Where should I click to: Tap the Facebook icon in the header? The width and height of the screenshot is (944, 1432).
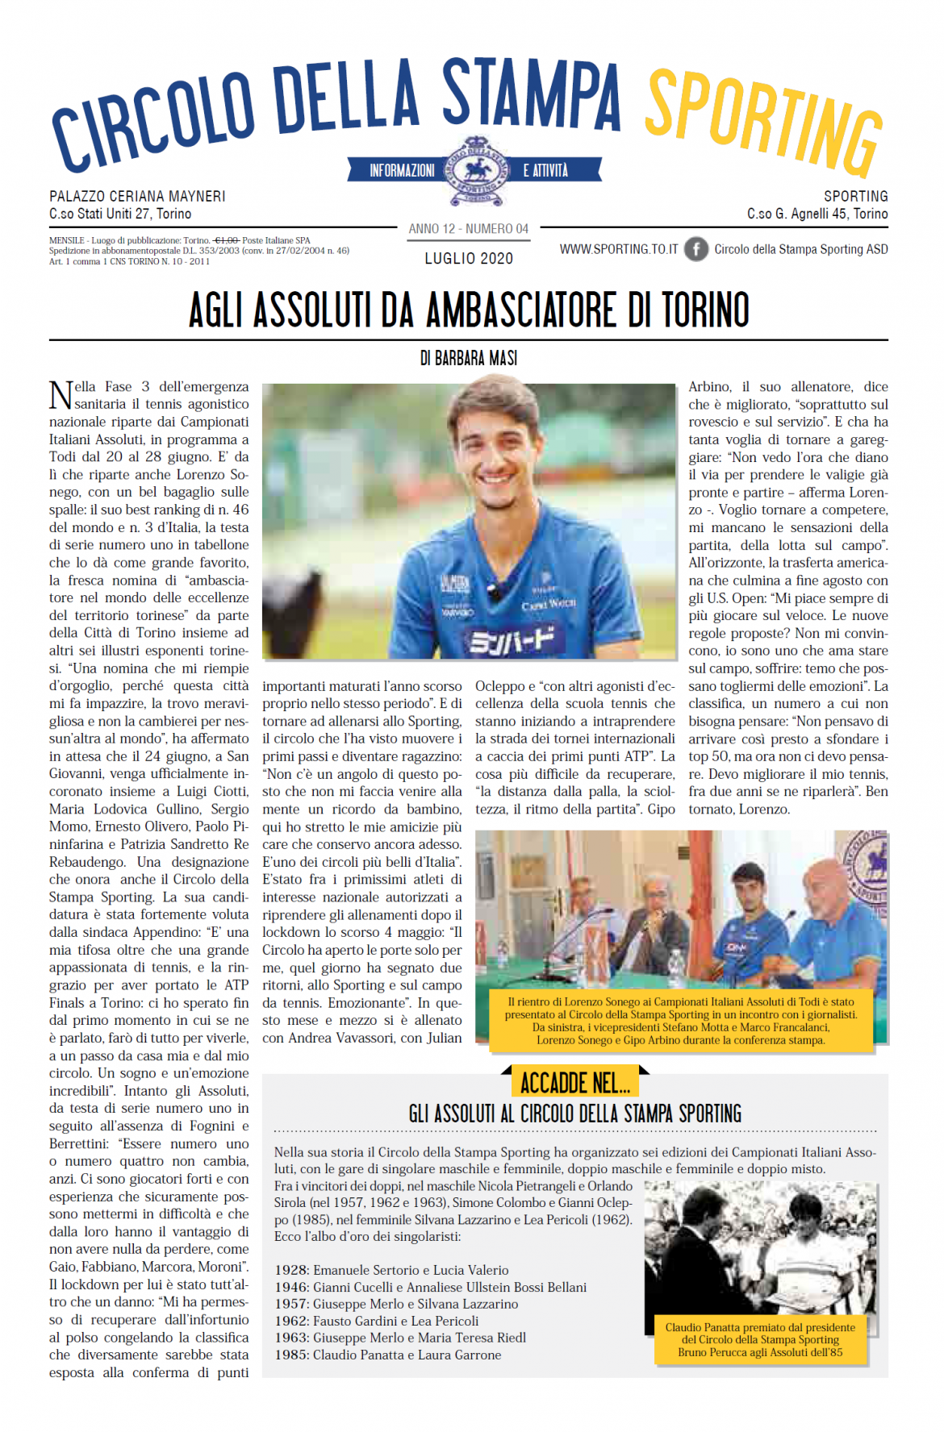695,249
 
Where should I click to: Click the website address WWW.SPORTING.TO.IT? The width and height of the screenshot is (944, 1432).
619,249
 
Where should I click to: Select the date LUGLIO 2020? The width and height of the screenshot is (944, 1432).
469,258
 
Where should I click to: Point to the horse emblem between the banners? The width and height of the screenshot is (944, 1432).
475,170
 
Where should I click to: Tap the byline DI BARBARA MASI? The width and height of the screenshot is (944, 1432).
469,358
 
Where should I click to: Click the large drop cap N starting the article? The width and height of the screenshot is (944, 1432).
61,395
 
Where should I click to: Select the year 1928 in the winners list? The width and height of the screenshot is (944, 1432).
291,1270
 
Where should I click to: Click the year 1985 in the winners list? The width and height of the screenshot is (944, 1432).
291,1355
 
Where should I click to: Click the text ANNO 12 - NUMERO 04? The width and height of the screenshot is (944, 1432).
469,229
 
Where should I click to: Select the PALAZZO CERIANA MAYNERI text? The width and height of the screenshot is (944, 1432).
137,196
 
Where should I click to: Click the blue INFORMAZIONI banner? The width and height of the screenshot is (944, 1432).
401,170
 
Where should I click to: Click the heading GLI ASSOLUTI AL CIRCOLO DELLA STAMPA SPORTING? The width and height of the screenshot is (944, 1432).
575,1114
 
